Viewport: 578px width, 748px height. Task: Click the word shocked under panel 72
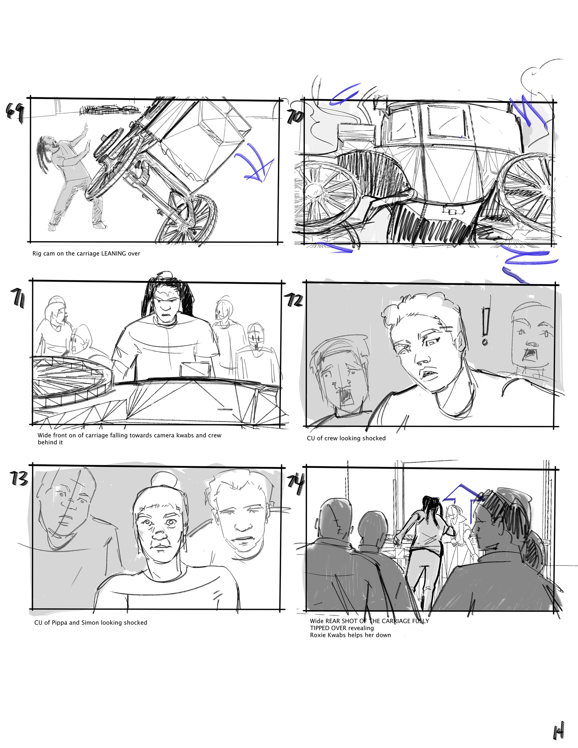[373, 438]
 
